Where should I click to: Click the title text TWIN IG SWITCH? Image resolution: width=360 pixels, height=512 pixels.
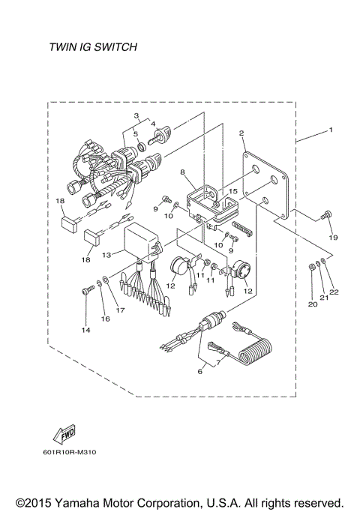pyautogui.click(x=92, y=47)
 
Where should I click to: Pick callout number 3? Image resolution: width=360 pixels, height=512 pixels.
pyautogui.click(x=136, y=116)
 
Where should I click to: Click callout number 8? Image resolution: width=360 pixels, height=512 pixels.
pyautogui.click(x=182, y=172)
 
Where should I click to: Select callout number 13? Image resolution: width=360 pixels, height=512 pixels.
pyautogui.click(x=106, y=255)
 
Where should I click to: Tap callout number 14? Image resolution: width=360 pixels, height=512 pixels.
pyautogui.click(x=85, y=330)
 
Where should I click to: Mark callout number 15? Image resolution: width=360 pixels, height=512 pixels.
pyautogui.click(x=233, y=192)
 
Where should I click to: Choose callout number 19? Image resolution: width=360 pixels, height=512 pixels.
pyautogui.click(x=333, y=238)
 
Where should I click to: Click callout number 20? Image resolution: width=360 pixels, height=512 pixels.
pyautogui.click(x=311, y=304)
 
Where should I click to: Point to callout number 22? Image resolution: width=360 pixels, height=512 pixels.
pyautogui.click(x=334, y=292)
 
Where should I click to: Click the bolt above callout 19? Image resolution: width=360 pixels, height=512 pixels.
pyautogui.click(x=325, y=217)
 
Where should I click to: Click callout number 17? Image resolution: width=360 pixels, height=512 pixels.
pyautogui.click(x=119, y=310)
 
